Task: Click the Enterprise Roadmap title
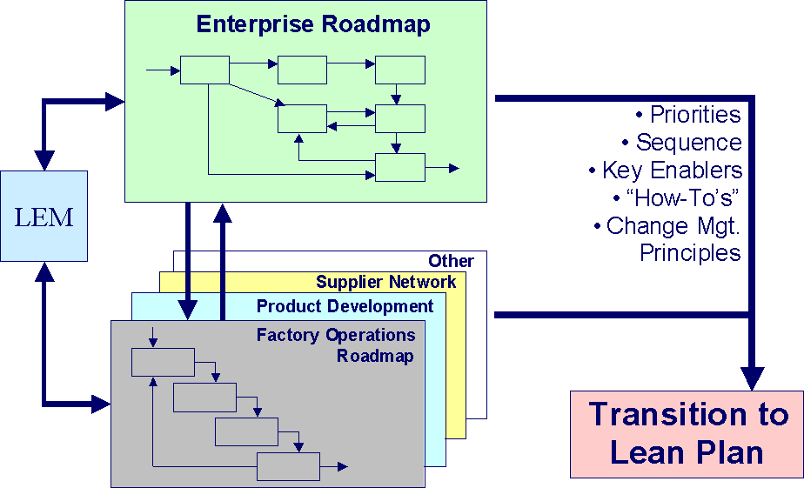pyautogui.click(x=313, y=24)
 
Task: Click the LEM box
pyautogui.click(x=44, y=217)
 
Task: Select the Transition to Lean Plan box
pyautogui.click(x=687, y=433)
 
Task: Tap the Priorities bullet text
pyautogui.click(x=687, y=115)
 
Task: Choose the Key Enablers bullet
pyautogui.click(x=666, y=170)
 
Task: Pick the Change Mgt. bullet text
pyautogui.click(x=667, y=226)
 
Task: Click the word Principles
pyautogui.click(x=690, y=253)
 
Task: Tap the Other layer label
pyautogui.click(x=451, y=261)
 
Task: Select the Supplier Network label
pyautogui.click(x=385, y=282)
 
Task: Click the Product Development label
pyautogui.click(x=345, y=306)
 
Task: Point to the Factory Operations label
pyautogui.click(x=336, y=335)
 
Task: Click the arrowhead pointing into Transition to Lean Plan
pyautogui.click(x=752, y=378)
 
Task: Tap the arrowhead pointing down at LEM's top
pyautogui.click(x=44, y=160)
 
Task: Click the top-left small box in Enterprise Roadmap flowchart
pyautogui.click(x=204, y=70)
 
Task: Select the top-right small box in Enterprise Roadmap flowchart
pyautogui.click(x=399, y=70)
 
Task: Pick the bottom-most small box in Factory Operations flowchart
pyautogui.click(x=288, y=467)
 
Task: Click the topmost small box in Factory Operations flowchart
pyautogui.click(x=163, y=362)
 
